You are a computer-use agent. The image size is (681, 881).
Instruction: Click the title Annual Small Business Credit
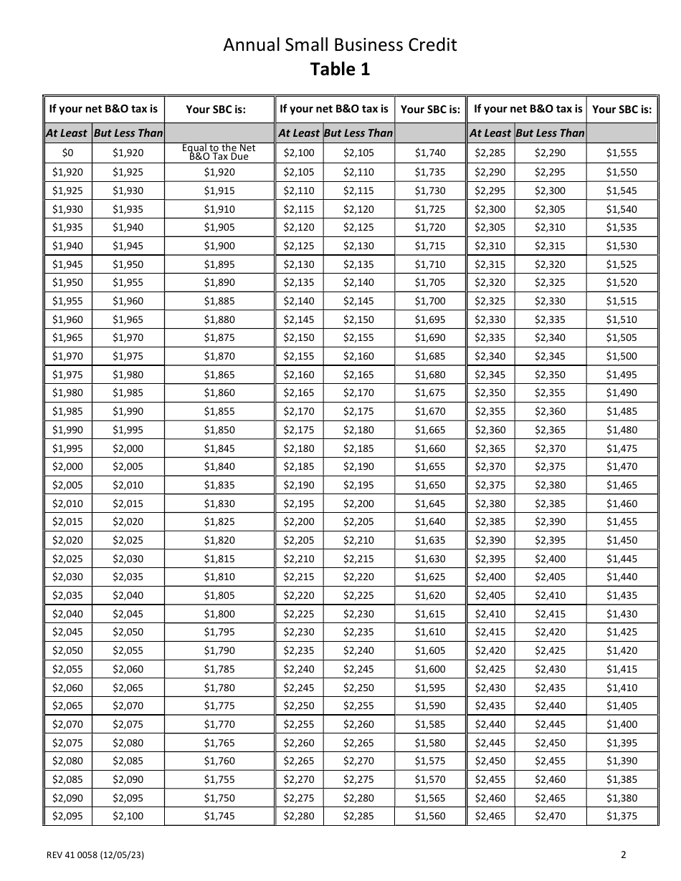pyautogui.click(x=340, y=45)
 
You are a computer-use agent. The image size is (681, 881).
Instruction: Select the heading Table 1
pyautogui.click(x=340, y=69)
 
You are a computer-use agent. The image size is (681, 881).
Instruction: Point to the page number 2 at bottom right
pyautogui.click(x=623, y=854)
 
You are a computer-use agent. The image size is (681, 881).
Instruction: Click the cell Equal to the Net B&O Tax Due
pyautogui.click(x=219, y=153)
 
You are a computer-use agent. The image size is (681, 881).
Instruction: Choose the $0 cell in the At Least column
pyautogui.click(x=67, y=153)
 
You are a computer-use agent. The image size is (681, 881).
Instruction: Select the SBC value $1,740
pyautogui.click(x=429, y=153)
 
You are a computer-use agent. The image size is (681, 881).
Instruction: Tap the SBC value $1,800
pyautogui.click(x=219, y=614)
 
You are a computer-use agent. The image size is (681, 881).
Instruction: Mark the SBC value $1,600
pyautogui.click(x=429, y=669)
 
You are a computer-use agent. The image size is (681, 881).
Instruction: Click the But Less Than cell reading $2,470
pyautogui.click(x=550, y=816)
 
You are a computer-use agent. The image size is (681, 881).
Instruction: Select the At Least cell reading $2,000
pyautogui.click(x=67, y=466)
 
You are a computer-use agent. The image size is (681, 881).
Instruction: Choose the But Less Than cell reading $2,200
pyautogui.click(x=358, y=504)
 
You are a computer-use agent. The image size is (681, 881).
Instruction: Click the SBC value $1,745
pyautogui.click(x=219, y=816)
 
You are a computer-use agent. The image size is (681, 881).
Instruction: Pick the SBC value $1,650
pyautogui.click(x=429, y=485)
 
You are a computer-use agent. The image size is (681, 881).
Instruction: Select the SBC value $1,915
pyautogui.click(x=219, y=191)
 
